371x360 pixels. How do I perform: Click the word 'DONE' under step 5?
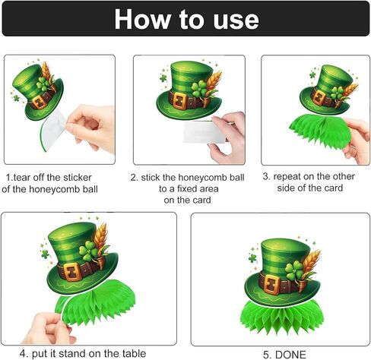click(x=285, y=353)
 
